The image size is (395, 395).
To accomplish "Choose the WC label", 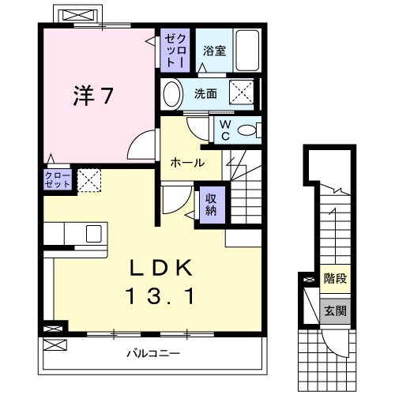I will (x=224, y=129).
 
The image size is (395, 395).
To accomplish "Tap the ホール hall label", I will (x=188, y=163).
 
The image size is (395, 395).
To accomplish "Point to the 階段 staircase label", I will (x=335, y=278).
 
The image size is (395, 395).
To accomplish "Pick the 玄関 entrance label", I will (x=335, y=310).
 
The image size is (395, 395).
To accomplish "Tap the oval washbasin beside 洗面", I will (x=171, y=94).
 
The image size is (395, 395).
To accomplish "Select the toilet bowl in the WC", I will (x=247, y=130).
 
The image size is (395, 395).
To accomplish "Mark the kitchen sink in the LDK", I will (x=92, y=234).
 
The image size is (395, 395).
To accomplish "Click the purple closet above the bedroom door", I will (x=174, y=50).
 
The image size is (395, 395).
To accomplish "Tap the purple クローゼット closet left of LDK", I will (x=58, y=179).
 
